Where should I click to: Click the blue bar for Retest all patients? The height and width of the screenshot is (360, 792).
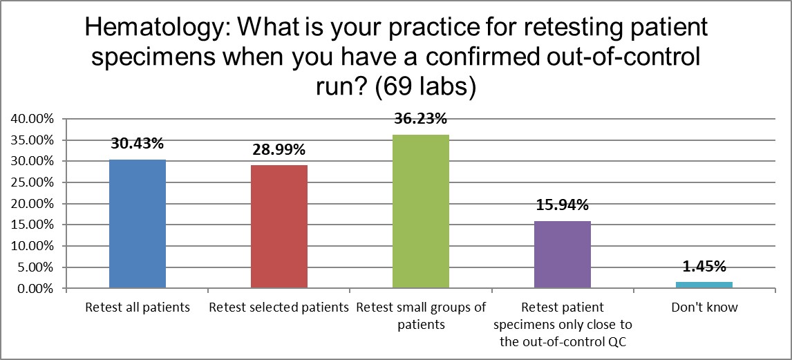(x=137, y=224)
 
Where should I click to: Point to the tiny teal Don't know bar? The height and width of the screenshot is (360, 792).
(x=704, y=285)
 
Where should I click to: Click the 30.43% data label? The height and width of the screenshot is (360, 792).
(x=137, y=144)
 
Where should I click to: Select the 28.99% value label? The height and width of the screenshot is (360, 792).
(x=279, y=150)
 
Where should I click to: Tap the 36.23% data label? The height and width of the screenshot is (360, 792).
(x=420, y=119)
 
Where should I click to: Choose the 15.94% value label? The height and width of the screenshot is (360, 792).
(x=562, y=205)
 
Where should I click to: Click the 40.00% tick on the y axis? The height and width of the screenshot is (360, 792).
(x=32, y=119)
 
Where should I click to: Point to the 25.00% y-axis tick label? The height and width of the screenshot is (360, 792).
(x=32, y=182)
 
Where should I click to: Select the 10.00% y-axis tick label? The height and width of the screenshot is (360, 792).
(x=32, y=246)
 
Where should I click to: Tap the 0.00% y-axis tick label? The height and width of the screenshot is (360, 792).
(x=35, y=288)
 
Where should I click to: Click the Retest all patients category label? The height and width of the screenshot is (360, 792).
(x=137, y=307)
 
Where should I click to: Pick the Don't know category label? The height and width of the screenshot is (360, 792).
(x=704, y=307)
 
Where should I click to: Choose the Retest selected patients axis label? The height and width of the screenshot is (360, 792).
(x=279, y=307)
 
